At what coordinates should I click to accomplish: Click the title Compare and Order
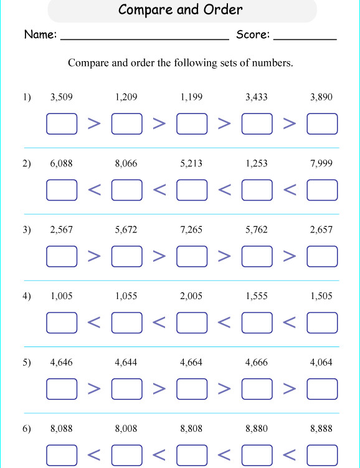(180, 10)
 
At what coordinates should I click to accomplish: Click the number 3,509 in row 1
(61, 97)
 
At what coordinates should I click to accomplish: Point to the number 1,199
(191, 97)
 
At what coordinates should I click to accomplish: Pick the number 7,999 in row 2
(321, 164)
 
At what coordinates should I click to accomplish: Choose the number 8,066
(126, 164)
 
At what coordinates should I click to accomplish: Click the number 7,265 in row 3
(191, 230)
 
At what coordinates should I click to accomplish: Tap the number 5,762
(257, 230)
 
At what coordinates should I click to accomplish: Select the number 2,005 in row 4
(191, 297)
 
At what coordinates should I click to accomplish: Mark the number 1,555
(257, 297)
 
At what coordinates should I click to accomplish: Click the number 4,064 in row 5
(321, 362)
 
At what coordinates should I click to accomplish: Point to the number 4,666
(257, 362)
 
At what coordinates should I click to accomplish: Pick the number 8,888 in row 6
(321, 429)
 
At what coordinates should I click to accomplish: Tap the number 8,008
(126, 429)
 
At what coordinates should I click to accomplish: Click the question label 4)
(26, 297)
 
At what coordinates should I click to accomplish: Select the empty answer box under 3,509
(62, 123)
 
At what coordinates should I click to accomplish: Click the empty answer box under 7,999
(322, 190)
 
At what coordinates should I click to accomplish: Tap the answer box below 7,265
(192, 256)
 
